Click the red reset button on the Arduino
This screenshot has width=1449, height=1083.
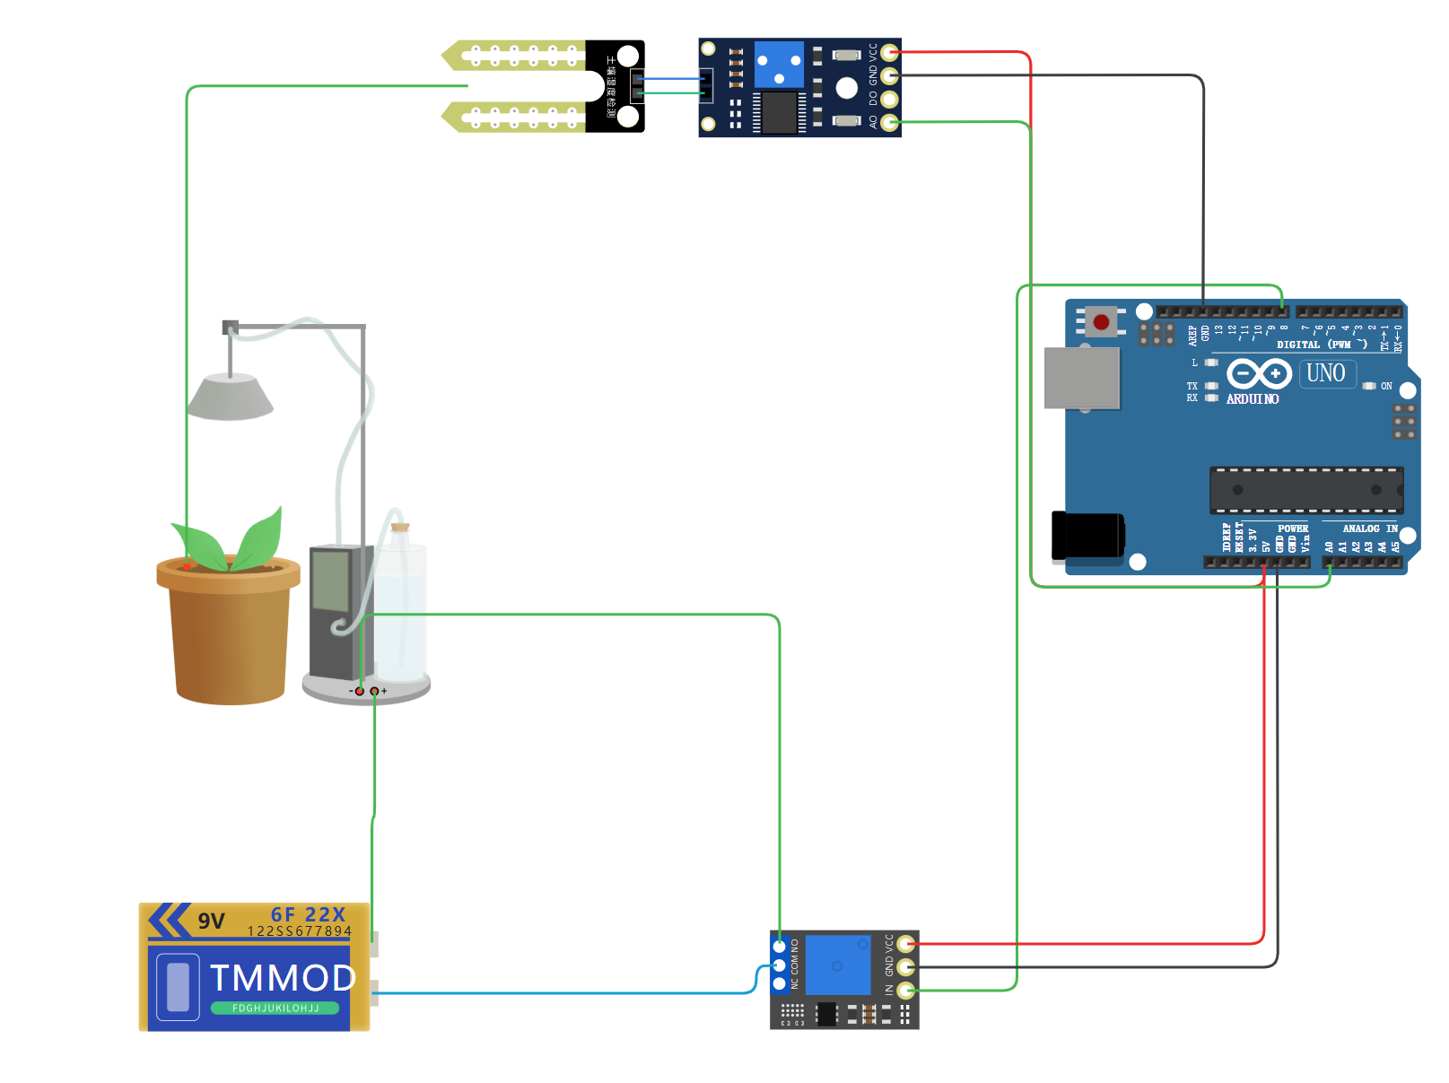coord(1101,322)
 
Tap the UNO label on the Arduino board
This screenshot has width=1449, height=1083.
coord(1325,373)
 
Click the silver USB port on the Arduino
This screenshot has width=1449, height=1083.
coord(1082,378)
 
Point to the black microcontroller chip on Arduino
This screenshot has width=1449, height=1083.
coord(1305,490)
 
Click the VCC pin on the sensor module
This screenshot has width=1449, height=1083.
coord(889,52)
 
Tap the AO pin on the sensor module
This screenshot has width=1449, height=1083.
coord(889,122)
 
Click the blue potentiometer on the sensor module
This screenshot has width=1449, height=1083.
coord(778,65)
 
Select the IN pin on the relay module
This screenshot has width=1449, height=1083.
coord(906,991)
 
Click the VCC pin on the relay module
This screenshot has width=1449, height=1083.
coord(906,944)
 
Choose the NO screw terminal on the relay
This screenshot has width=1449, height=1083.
coord(780,947)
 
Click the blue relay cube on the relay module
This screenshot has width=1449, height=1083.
coord(838,965)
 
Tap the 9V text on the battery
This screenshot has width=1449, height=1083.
coord(212,921)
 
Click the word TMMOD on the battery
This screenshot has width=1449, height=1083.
coord(283,978)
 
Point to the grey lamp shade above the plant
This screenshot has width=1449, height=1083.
coord(231,398)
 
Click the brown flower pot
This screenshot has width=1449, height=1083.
coord(230,637)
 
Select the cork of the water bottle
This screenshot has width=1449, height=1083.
coord(400,528)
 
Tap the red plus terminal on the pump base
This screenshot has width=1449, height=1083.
coord(374,691)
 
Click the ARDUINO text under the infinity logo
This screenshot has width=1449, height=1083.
coord(1253,399)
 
